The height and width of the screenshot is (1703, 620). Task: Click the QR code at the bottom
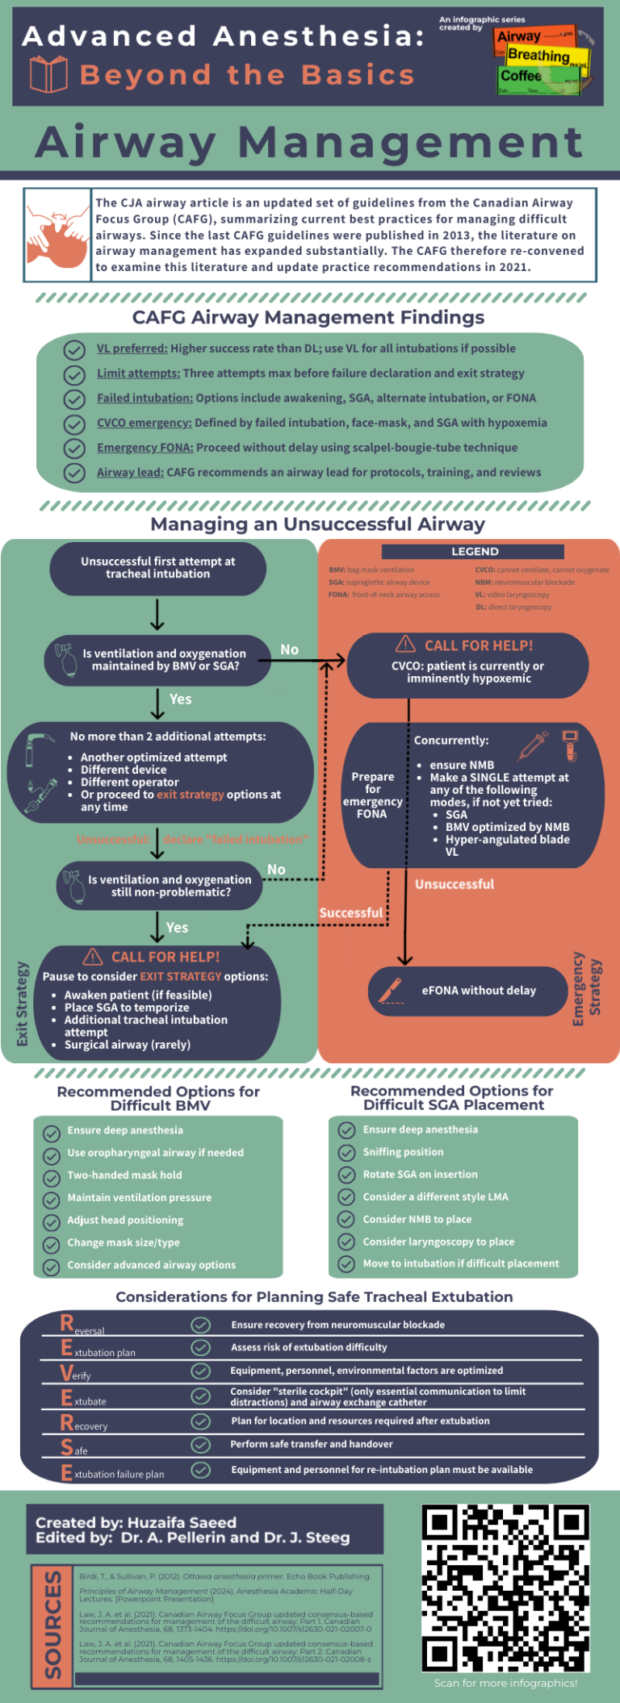pyautogui.click(x=505, y=1588)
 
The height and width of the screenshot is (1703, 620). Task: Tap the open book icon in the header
pyautogui.click(x=48, y=75)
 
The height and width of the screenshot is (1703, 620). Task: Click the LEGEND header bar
pyautogui.click(x=475, y=552)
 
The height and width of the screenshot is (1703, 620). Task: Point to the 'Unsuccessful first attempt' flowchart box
pyautogui.click(x=158, y=568)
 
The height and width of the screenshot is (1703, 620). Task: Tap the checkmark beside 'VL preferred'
pyautogui.click(x=74, y=350)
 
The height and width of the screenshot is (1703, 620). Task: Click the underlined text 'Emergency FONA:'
pyautogui.click(x=145, y=448)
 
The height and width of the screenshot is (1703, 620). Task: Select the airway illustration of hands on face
pyautogui.click(x=57, y=235)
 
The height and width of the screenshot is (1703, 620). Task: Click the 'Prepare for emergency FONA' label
pyautogui.click(x=372, y=795)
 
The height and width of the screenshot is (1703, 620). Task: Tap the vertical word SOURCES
pyautogui.click(x=52, y=1625)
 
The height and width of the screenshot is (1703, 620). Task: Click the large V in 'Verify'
pyautogui.click(x=67, y=1373)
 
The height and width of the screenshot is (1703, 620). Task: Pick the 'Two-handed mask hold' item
pyautogui.click(x=124, y=1175)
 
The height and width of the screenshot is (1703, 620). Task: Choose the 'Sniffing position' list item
pyautogui.click(x=403, y=1152)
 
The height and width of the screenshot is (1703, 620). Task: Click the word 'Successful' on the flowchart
pyautogui.click(x=350, y=912)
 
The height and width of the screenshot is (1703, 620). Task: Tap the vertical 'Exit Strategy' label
pyautogui.click(x=23, y=1004)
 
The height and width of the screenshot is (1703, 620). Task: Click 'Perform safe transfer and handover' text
pyautogui.click(x=312, y=1444)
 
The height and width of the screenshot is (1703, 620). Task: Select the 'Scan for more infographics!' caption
pyautogui.click(x=505, y=1683)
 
